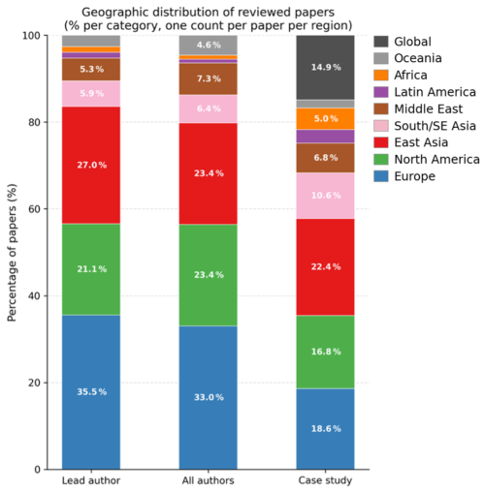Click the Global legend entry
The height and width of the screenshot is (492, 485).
[x=403, y=42]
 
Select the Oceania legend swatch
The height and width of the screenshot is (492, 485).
[x=381, y=58]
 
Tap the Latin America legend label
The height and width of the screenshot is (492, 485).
[x=435, y=92]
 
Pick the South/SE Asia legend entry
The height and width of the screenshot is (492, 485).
[x=425, y=126]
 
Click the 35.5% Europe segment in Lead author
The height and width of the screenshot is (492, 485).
[x=91, y=392]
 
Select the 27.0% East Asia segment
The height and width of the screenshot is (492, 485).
[x=91, y=165]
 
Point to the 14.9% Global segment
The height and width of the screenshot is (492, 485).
[x=325, y=67]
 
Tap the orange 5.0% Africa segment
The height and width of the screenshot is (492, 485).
[x=325, y=119]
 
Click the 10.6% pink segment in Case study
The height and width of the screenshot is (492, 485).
[x=325, y=196]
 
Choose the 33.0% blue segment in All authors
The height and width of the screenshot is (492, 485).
[x=209, y=397]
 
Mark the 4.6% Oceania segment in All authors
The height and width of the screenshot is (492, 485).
[x=209, y=45]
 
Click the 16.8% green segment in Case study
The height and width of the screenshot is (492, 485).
[x=325, y=352]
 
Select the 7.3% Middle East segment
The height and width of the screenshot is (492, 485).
[x=209, y=78]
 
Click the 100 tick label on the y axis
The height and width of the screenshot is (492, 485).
[x=31, y=36]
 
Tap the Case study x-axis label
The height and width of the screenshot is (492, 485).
[x=325, y=480]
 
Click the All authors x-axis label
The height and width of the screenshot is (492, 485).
[x=208, y=480]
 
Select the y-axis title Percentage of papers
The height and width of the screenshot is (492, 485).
[x=12, y=253]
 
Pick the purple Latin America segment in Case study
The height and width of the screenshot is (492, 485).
[x=325, y=137]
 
